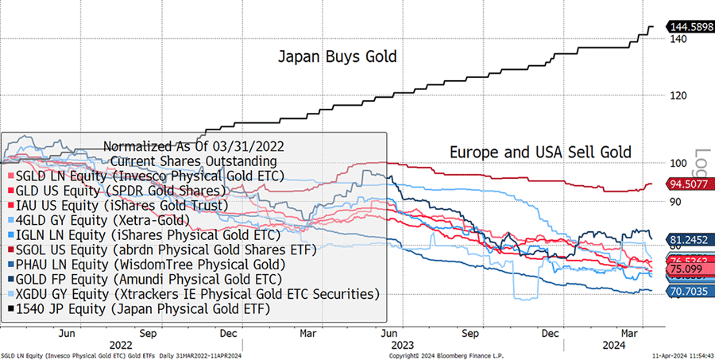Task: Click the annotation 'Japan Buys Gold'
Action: pos(337,57)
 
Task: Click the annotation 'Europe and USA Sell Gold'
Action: pos(540,151)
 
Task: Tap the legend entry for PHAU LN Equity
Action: pos(145,264)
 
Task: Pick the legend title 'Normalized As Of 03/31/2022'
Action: pos(194,146)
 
